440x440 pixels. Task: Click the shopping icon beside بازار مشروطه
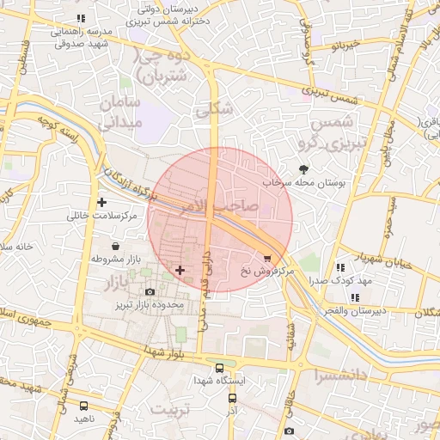pyautogui.click(x=115, y=247)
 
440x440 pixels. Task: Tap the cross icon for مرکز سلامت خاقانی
pyautogui.click(x=102, y=203)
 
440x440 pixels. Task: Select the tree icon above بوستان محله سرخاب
pyautogui.click(x=302, y=169)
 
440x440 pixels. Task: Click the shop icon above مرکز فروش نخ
pyautogui.click(x=267, y=258)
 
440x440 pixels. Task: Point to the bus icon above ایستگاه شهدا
pyautogui.click(x=220, y=367)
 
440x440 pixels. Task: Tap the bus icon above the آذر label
pyautogui.click(x=232, y=399)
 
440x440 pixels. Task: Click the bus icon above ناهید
pyautogui.click(x=83, y=406)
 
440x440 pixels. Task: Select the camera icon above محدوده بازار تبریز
pyautogui.click(x=151, y=292)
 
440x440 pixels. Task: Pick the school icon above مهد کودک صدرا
pyautogui.click(x=341, y=268)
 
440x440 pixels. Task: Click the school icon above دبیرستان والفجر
pyautogui.click(x=355, y=297)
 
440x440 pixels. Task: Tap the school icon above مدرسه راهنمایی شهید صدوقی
pyautogui.click(x=81, y=18)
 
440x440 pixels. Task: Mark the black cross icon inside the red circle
pyautogui.click(x=180, y=271)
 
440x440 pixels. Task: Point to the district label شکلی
pyautogui.click(x=212, y=109)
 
